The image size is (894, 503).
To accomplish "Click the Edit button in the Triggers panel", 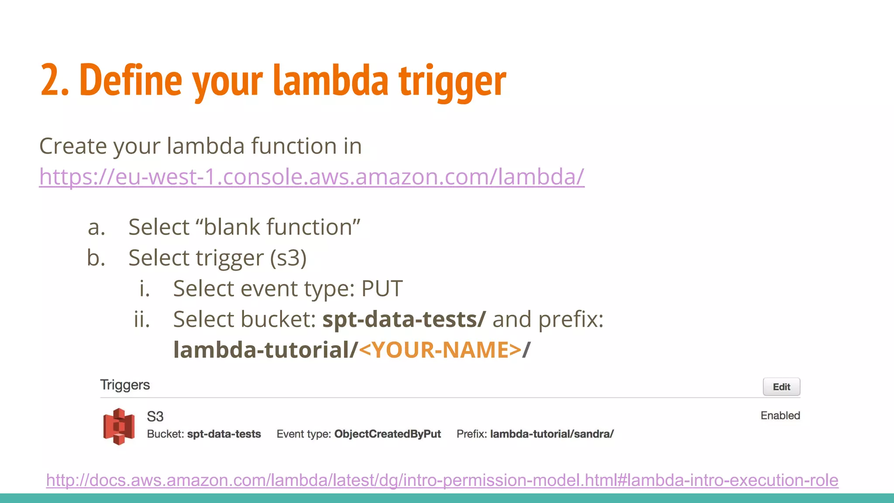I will click(781, 387).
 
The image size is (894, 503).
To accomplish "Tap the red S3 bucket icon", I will click(119, 426).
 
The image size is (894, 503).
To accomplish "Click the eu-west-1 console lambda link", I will click(312, 177).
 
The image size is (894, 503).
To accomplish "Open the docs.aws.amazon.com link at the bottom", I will click(442, 480).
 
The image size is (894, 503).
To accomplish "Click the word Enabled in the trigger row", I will click(780, 416).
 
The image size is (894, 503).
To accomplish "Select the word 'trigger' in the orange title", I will click(452, 81).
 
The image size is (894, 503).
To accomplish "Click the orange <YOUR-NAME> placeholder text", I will click(440, 350).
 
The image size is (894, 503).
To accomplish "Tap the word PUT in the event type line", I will click(382, 289).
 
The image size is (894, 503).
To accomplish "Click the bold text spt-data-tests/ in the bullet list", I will click(404, 320).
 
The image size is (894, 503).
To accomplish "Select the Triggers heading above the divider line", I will click(125, 385).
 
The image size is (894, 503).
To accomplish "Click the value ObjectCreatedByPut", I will click(388, 434).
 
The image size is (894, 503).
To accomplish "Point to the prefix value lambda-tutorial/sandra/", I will click(552, 434).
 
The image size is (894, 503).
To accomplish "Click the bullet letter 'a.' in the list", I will click(96, 227).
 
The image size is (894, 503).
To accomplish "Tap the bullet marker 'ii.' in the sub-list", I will click(142, 320).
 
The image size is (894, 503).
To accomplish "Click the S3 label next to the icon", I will click(155, 417).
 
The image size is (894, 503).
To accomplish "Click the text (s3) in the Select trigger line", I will click(288, 258).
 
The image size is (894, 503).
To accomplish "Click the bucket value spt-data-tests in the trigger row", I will click(224, 434).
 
